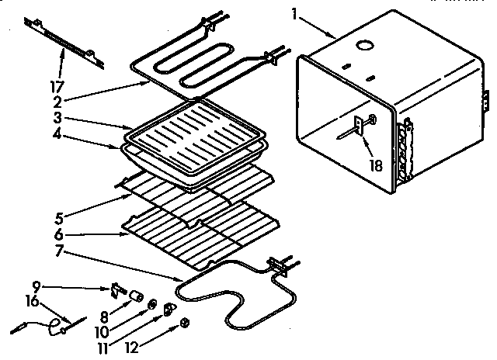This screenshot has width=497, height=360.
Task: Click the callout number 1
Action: pos(294,13)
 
